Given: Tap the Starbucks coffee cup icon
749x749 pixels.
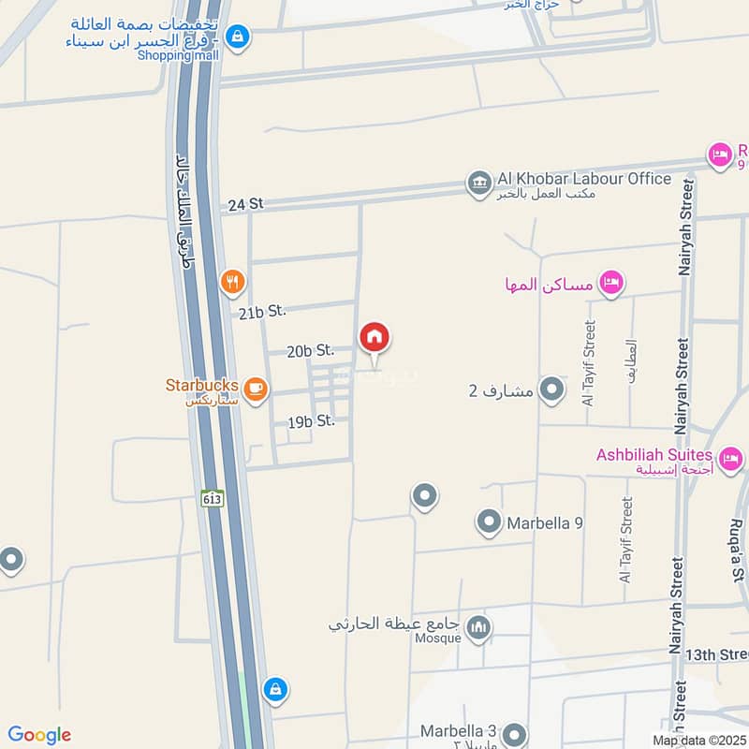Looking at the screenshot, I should pyautogui.click(x=255, y=388).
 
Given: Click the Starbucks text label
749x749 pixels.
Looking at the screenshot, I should pyautogui.click(x=201, y=385).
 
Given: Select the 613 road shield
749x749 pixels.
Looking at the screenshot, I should pyautogui.click(x=213, y=499).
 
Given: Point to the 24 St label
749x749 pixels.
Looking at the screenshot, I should pyautogui.click(x=246, y=204).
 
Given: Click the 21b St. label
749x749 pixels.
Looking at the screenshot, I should pyautogui.click(x=262, y=313).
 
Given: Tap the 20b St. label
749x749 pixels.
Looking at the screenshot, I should pyautogui.click(x=311, y=351).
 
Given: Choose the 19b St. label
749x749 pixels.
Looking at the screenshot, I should pyautogui.click(x=312, y=422).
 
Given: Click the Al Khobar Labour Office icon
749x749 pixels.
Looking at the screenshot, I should pyautogui.click(x=479, y=183).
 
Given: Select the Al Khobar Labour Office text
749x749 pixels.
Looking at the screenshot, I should pyautogui.click(x=584, y=179).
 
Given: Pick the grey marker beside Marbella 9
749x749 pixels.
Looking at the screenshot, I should pyautogui.click(x=489, y=522).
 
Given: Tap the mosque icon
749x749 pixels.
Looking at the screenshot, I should pyautogui.click(x=479, y=626).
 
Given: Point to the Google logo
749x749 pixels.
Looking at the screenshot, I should pyautogui.click(x=39, y=735).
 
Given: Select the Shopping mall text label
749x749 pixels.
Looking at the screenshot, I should pyautogui.click(x=178, y=55).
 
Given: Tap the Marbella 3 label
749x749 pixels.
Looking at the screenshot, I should pyautogui.click(x=458, y=730).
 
